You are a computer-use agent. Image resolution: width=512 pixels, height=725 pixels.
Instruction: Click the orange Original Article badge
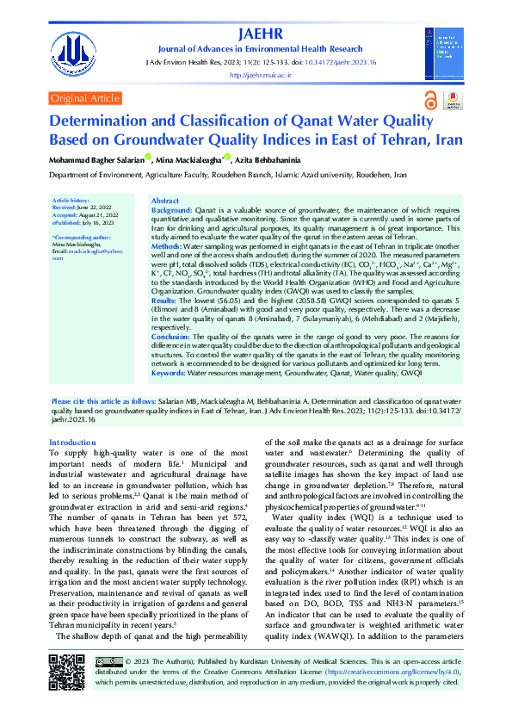tap(85, 99)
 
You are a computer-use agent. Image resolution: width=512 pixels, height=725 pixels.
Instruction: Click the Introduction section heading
tap(72, 443)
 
